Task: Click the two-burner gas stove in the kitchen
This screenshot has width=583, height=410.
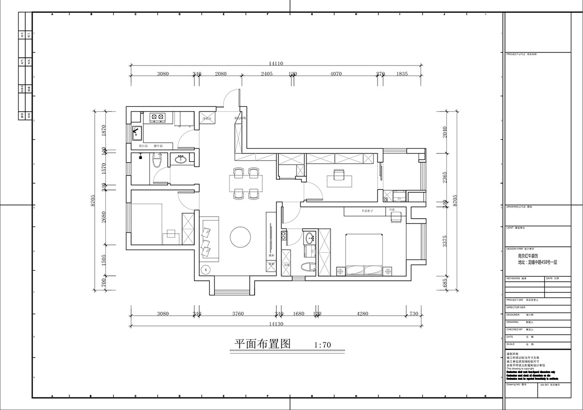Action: coord(156,117)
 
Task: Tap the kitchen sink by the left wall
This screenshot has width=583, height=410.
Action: coord(137,131)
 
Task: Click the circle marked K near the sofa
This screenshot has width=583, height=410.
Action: coord(206,269)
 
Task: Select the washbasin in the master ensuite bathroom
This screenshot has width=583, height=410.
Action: coord(309,239)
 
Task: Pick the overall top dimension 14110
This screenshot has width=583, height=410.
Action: coord(275,63)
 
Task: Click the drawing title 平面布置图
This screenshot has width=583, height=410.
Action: coord(262,344)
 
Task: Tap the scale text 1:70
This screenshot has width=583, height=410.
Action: coord(323,345)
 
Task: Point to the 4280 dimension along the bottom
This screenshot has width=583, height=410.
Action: coord(362,314)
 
